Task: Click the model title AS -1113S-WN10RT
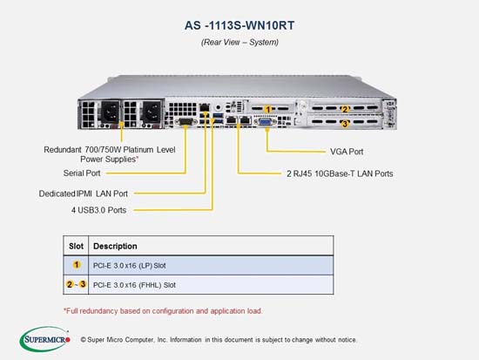click(x=239, y=25)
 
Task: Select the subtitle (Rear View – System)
click(x=239, y=42)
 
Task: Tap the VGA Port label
click(x=347, y=152)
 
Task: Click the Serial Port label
click(x=82, y=173)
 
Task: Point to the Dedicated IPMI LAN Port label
click(x=84, y=194)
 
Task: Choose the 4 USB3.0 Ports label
click(x=98, y=210)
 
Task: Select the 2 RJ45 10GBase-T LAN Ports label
click(x=340, y=173)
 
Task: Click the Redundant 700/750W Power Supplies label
click(x=110, y=154)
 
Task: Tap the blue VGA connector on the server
click(x=265, y=122)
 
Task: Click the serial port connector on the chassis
click(x=186, y=122)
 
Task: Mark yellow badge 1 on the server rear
click(x=268, y=109)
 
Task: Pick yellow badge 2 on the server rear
click(x=345, y=109)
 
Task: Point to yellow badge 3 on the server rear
click(x=345, y=124)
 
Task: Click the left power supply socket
click(x=110, y=112)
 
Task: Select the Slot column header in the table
click(x=76, y=246)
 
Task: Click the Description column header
click(x=115, y=246)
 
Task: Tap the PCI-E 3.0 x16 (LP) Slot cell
click(x=129, y=266)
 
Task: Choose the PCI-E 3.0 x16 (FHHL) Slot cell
click(x=134, y=285)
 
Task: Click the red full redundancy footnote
click(x=163, y=311)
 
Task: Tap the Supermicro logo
click(x=45, y=339)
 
